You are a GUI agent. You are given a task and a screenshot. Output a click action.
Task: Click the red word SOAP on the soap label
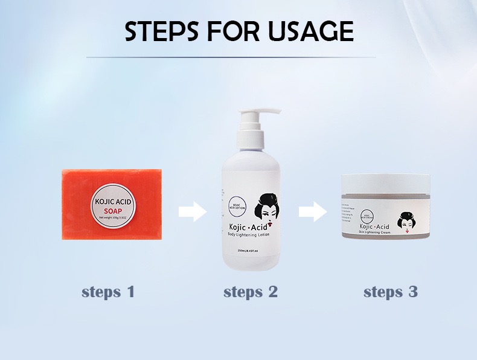112,211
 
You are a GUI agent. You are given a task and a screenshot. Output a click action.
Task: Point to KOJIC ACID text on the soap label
112,201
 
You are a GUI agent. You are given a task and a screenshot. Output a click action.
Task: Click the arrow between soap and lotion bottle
192,212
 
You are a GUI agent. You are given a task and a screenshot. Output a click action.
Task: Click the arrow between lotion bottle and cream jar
312,212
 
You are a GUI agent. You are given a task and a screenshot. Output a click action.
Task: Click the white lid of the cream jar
386,182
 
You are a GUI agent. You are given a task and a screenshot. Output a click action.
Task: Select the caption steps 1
107,292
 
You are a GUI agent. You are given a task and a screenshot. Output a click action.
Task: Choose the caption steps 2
250,292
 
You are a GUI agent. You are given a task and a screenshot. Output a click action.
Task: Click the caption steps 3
390,292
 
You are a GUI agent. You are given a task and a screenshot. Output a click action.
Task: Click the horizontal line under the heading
238,57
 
